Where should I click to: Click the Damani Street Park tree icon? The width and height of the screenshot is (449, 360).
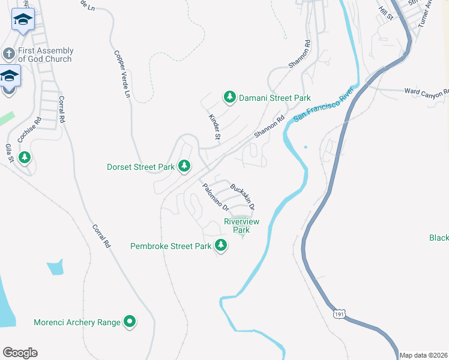[x=229, y=97]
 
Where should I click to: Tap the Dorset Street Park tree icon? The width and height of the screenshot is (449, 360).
[x=184, y=166]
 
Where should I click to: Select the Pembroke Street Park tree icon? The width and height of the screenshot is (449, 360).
[x=221, y=245]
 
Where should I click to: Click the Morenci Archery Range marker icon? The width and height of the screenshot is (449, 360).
[x=130, y=322]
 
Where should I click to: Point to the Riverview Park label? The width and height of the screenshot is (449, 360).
[x=241, y=226]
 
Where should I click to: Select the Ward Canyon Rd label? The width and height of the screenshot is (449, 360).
[x=426, y=92]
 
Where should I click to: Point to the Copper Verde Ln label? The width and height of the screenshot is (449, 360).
[x=122, y=74]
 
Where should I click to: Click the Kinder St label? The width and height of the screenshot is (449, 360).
[x=214, y=127]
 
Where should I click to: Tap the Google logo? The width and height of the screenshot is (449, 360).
[x=20, y=353]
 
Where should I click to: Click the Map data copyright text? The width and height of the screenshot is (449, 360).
[x=424, y=355]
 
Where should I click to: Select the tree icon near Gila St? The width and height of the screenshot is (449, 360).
[x=25, y=157]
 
